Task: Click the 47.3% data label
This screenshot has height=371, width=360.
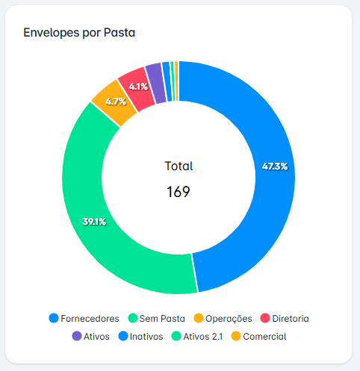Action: (275, 166)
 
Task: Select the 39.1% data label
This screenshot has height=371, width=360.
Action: (93, 222)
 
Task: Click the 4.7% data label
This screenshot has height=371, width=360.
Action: (115, 101)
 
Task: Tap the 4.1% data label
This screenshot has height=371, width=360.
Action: (138, 87)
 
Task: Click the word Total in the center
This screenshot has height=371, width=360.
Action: (179, 166)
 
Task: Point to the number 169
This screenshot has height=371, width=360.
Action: (179, 192)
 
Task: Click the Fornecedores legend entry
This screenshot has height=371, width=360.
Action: (84, 318)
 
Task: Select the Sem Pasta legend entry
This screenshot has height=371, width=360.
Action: (157, 318)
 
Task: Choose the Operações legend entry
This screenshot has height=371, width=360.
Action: (222, 318)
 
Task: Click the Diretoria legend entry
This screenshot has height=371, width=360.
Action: (283, 318)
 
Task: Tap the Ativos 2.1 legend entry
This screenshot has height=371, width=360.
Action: (197, 336)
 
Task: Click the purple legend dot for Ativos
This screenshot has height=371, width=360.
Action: (76, 336)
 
